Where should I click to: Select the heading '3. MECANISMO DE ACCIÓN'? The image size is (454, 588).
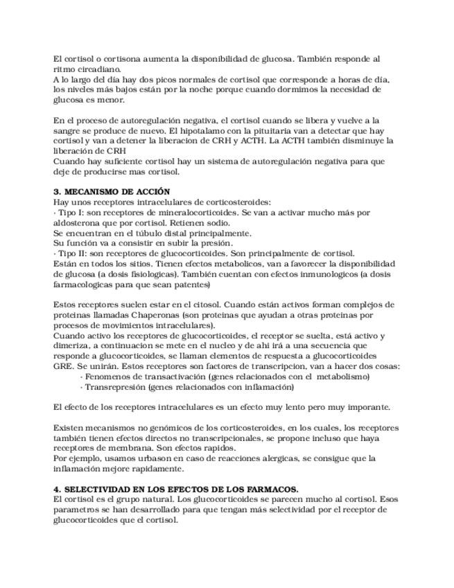tap(112, 191)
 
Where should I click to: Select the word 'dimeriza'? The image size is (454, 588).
tap(71, 346)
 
